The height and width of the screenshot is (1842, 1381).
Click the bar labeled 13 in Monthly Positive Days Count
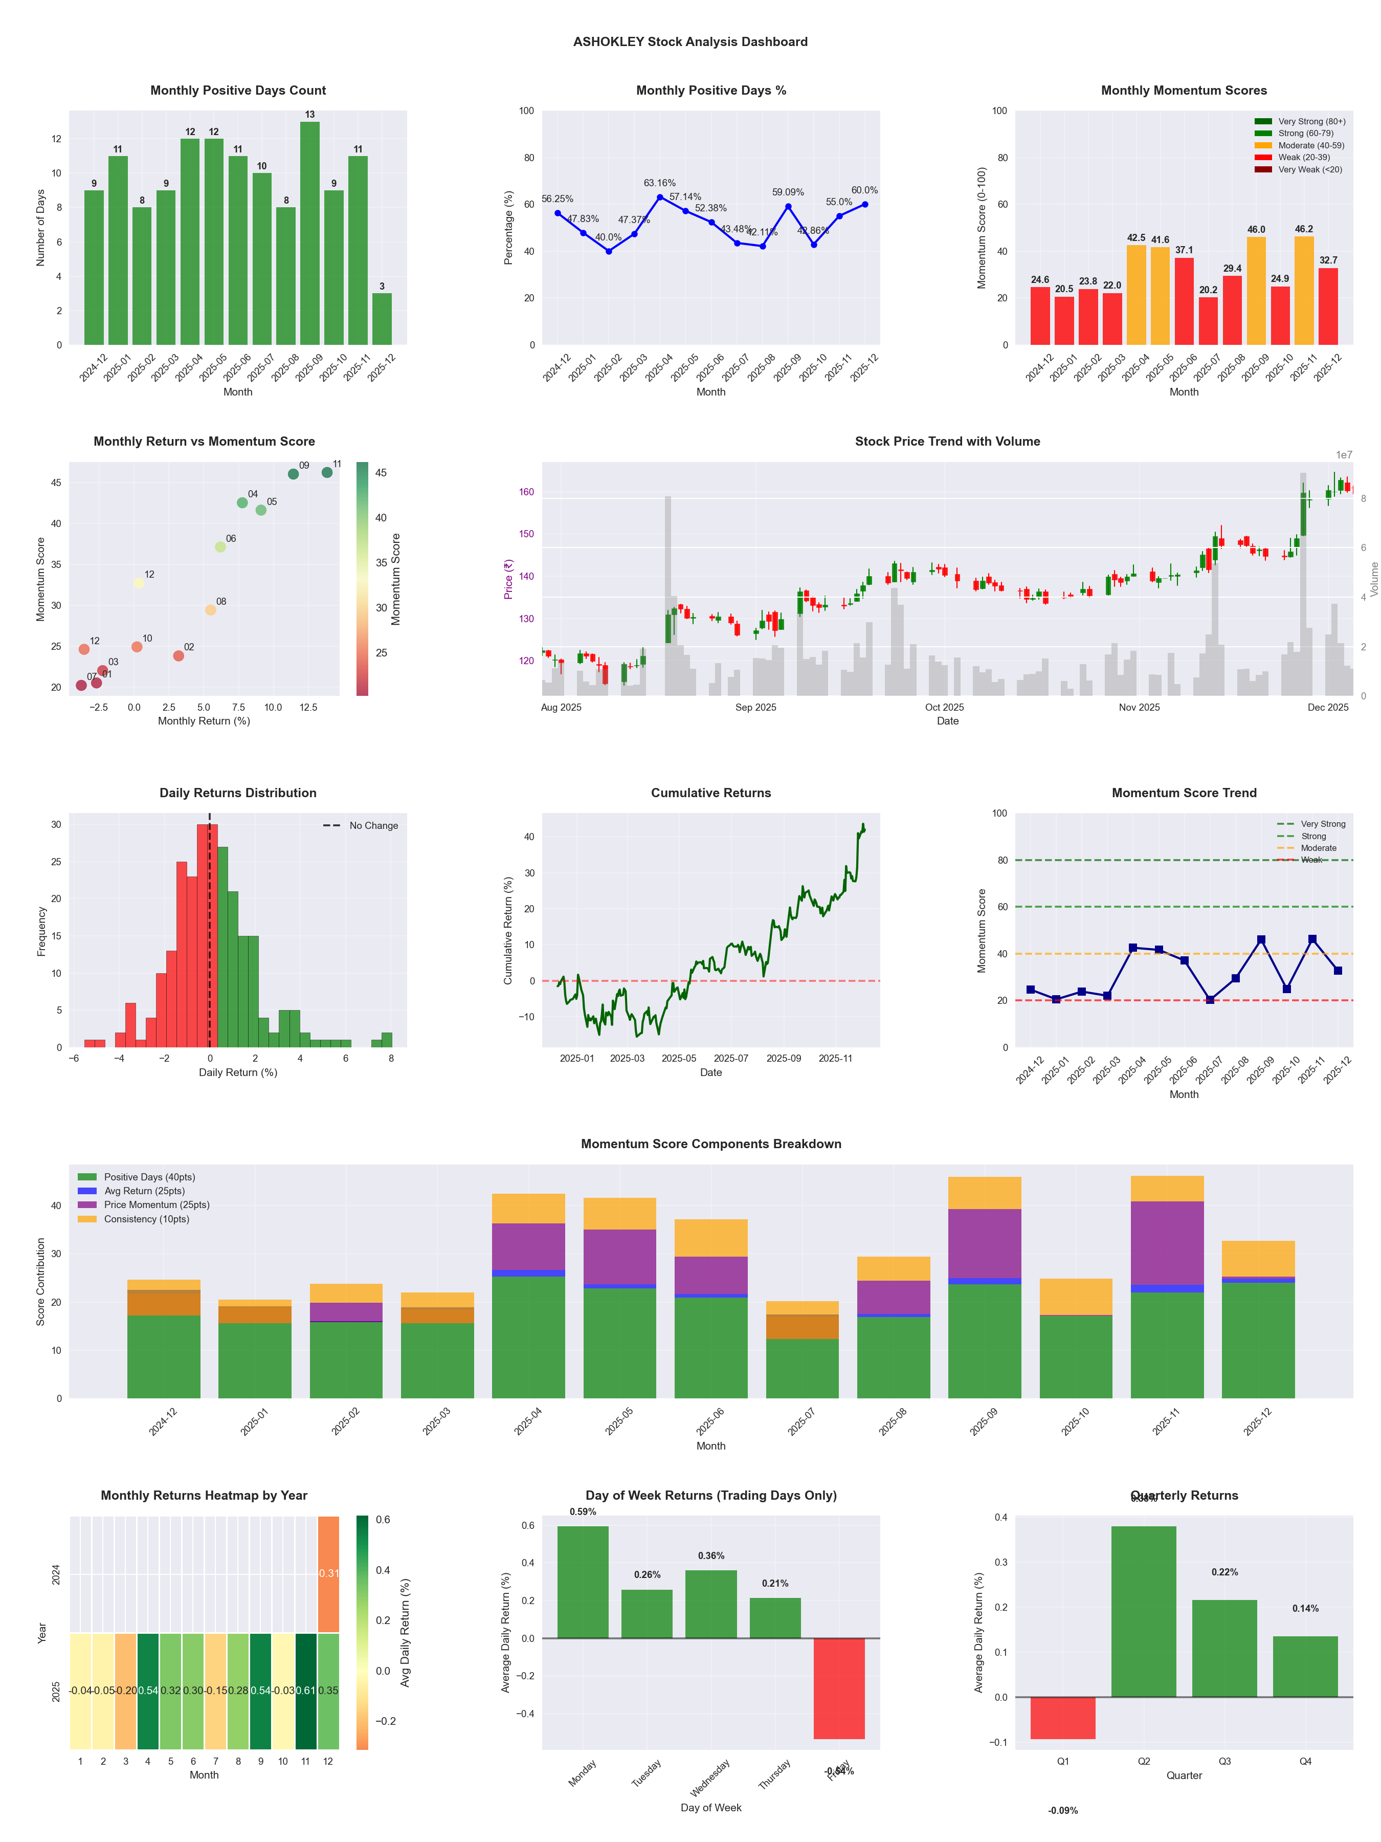pos(309,233)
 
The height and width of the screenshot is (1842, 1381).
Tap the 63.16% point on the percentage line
pos(660,198)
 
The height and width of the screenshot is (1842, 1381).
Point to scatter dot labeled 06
pos(220,547)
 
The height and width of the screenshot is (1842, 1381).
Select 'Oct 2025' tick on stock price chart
pos(944,707)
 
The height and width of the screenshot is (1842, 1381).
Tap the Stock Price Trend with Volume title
pos(947,442)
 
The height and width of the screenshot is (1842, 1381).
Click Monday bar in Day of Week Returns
pos(583,1582)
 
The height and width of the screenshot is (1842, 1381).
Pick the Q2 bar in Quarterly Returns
pos(1144,1611)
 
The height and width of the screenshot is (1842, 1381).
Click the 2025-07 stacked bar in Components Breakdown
pos(803,1349)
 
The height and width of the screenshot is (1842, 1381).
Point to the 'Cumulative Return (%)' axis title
pos(508,930)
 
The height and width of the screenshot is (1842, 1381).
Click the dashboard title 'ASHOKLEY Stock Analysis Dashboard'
pos(690,41)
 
